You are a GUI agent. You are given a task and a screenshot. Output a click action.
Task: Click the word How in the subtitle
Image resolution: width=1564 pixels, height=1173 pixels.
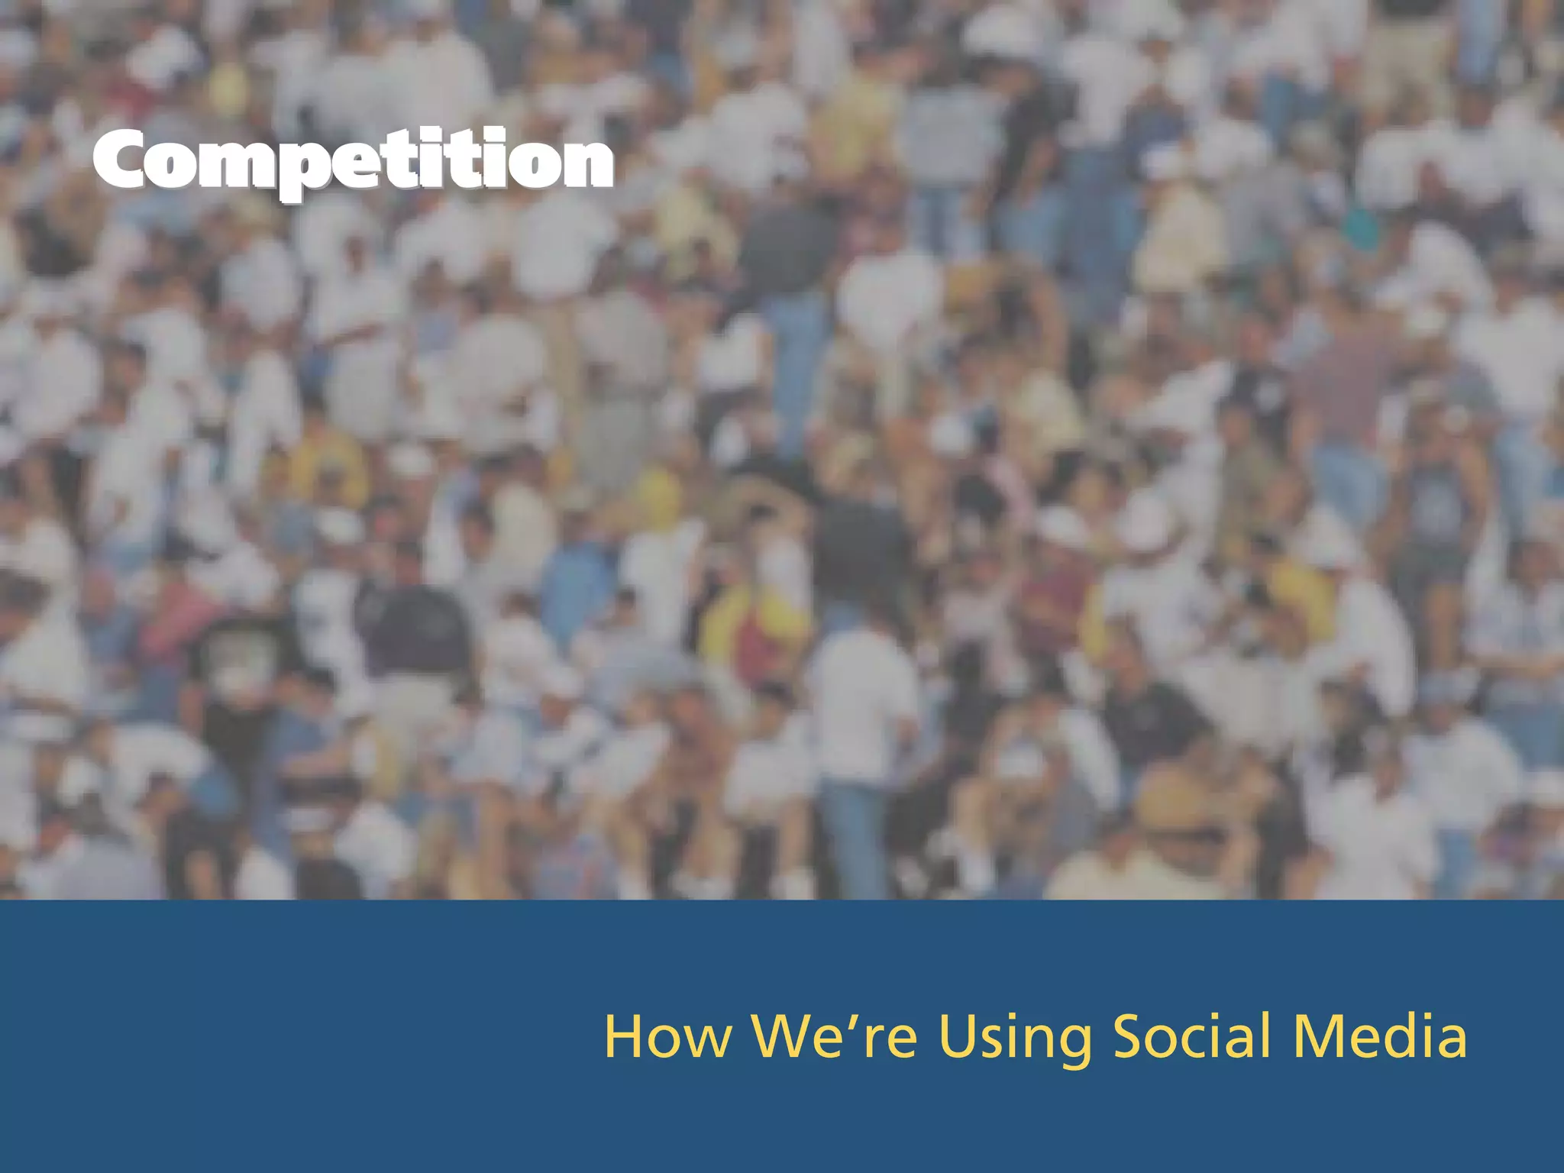(x=667, y=1037)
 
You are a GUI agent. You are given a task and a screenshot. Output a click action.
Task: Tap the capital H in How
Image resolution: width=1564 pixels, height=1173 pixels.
(x=625, y=1036)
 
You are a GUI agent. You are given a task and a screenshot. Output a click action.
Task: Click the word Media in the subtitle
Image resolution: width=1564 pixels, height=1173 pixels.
(x=1379, y=1037)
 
